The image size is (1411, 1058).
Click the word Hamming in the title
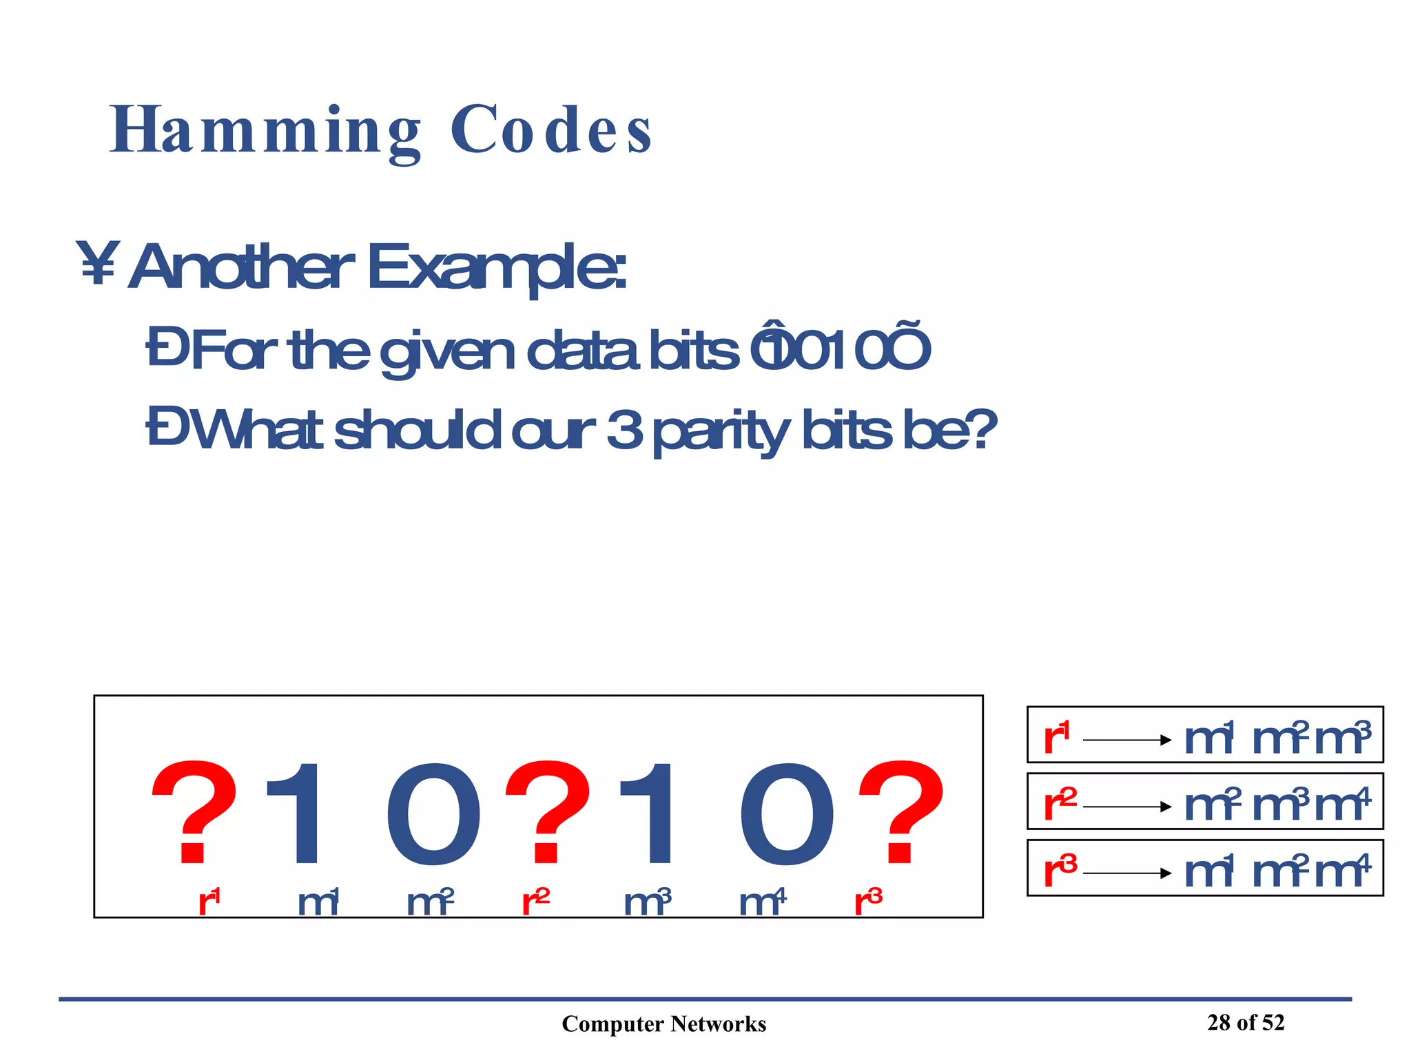click(x=265, y=131)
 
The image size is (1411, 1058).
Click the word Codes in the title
click(x=551, y=131)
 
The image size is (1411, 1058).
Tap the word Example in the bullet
click(x=496, y=269)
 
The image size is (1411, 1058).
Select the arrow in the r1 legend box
click(x=1127, y=740)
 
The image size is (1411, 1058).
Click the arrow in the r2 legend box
click(x=1127, y=807)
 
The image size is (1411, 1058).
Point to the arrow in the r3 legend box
click(x=1127, y=873)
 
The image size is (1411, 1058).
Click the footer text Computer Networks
click(x=663, y=1024)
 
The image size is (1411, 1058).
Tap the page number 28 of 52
click(x=1246, y=1023)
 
